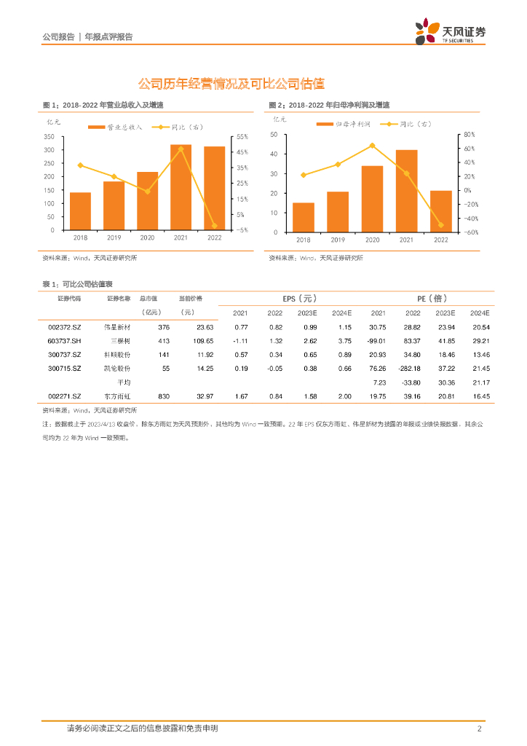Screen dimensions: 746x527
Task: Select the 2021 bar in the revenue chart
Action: (x=181, y=187)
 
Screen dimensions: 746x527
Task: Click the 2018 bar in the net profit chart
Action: (x=304, y=217)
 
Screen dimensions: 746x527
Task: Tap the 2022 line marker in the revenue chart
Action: (x=214, y=226)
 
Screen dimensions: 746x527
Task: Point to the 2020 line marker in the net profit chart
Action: (x=372, y=146)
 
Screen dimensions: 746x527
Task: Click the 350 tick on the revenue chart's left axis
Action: (x=49, y=137)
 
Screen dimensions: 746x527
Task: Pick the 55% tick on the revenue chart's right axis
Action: (x=242, y=137)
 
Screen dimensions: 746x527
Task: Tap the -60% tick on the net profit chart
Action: (x=470, y=232)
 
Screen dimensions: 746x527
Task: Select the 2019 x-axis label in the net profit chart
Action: (x=338, y=240)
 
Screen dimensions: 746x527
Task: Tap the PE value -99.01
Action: (x=376, y=341)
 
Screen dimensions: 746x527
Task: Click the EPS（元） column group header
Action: (x=300, y=299)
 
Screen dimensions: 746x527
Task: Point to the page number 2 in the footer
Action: (x=479, y=729)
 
